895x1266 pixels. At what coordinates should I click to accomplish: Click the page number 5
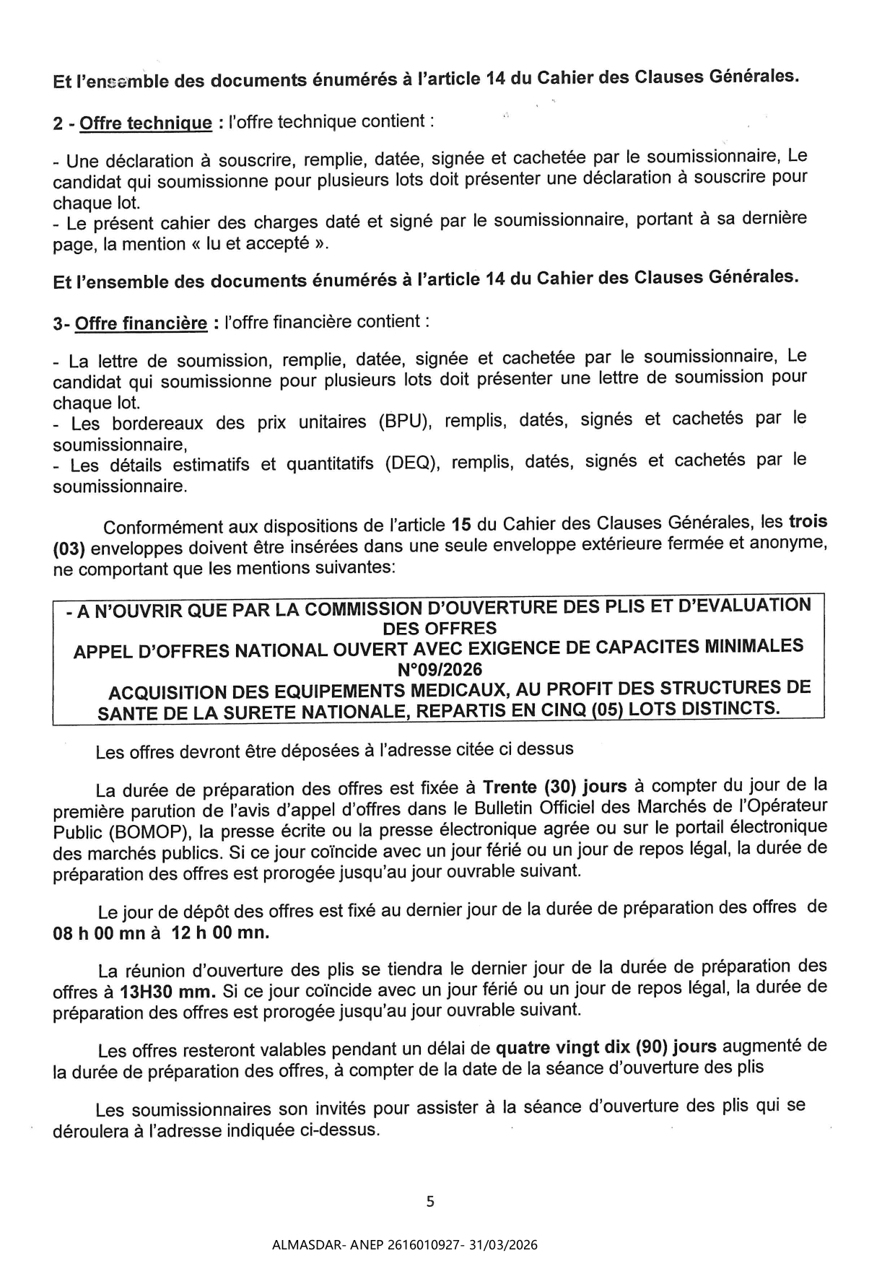click(430, 1201)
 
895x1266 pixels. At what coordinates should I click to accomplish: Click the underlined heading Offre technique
click(146, 123)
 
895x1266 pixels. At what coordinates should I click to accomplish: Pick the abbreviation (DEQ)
click(411, 463)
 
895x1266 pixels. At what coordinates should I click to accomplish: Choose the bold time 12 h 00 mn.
click(219, 933)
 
